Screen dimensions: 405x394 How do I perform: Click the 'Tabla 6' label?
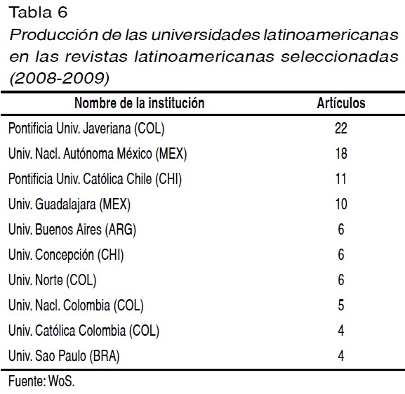click(x=38, y=13)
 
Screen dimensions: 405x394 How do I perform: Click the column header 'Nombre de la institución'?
click(x=140, y=103)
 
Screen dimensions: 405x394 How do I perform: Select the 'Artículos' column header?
click(x=341, y=103)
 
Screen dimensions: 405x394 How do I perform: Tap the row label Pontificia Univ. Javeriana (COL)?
click(x=86, y=129)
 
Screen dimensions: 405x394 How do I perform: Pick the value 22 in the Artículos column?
click(x=341, y=128)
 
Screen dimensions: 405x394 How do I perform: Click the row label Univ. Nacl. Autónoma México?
click(x=98, y=154)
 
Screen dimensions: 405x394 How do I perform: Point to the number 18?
click(x=341, y=153)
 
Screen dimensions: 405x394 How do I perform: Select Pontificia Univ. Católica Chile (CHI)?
click(x=95, y=179)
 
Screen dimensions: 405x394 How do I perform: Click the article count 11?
click(x=341, y=178)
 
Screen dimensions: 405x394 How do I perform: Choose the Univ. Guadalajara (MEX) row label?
click(x=69, y=204)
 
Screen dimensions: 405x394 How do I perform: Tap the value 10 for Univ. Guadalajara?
click(x=341, y=204)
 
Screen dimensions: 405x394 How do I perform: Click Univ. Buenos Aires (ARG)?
click(x=72, y=230)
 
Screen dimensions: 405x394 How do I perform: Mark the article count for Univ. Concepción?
click(x=341, y=254)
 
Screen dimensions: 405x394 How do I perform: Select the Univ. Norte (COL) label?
click(x=53, y=280)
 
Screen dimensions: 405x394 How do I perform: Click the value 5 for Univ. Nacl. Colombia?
click(x=341, y=305)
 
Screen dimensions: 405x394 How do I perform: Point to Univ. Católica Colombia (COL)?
click(x=84, y=331)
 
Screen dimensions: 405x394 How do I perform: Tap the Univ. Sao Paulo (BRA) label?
click(x=64, y=356)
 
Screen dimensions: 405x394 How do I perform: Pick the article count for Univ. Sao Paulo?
click(x=341, y=356)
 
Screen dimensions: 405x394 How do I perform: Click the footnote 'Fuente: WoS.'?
click(x=41, y=381)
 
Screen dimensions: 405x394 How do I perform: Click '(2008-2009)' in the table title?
click(x=60, y=78)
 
